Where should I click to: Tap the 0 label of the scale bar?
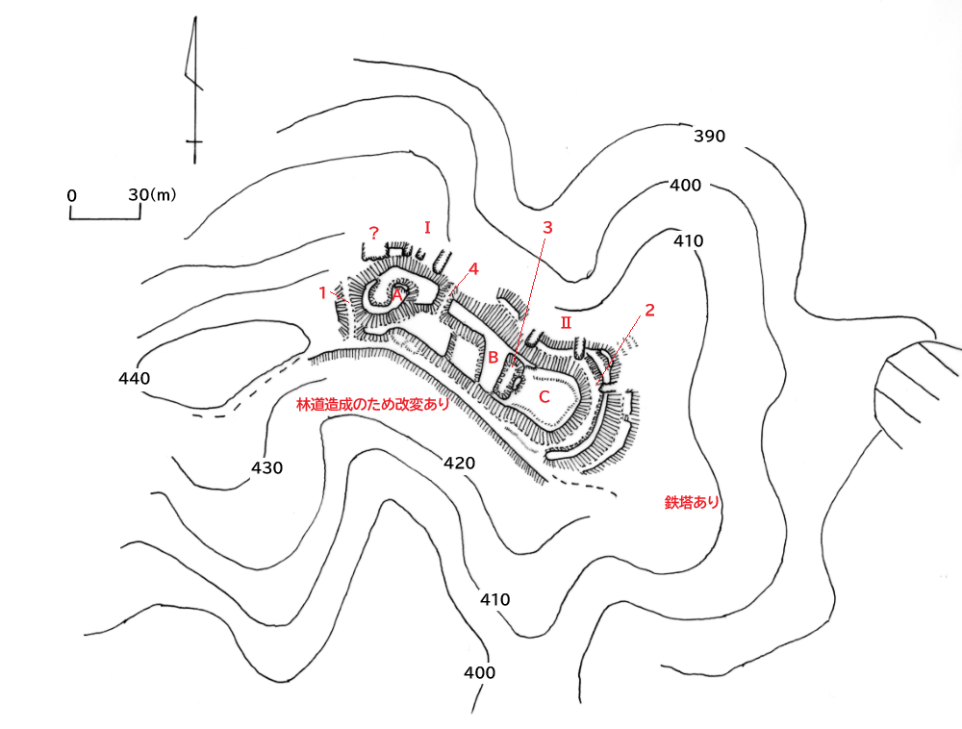pos(72,195)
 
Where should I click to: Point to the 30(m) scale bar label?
pos(152,194)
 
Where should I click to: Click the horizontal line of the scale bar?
pos(106,217)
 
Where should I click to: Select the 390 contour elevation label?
pos(709,137)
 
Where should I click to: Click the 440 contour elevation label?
pos(135,379)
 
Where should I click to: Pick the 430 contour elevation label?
pos(266,468)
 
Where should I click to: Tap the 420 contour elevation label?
pos(459,464)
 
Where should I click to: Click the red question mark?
pos(374,233)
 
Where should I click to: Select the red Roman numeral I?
pos(427,227)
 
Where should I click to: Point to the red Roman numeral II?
pos(566,322)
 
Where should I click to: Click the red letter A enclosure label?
pos(396,294)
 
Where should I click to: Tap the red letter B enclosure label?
pos(492,358)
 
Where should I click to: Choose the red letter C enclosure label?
pos(544,396)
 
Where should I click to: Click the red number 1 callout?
pos(324,292)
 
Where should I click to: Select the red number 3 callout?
pos(547,228)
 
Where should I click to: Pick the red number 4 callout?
pos(472,268)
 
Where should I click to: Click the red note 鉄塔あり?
pos(692,502)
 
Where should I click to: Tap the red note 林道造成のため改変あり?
pos(373,406)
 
